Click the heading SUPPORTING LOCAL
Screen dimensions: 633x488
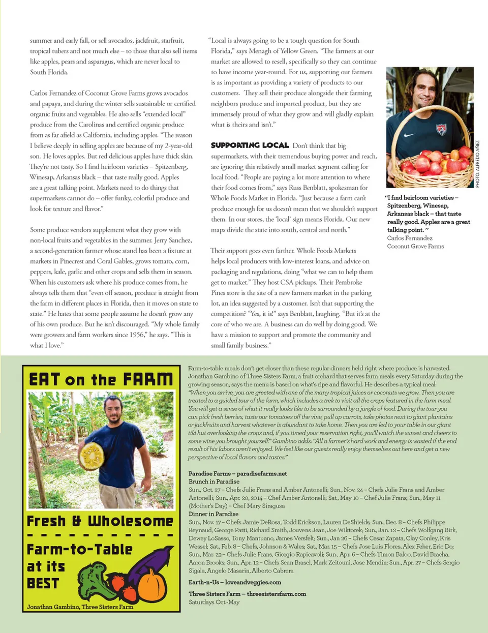tap(250, 145)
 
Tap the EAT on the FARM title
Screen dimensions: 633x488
tap(101, 379)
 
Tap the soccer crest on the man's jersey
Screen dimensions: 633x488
tap(441, 129)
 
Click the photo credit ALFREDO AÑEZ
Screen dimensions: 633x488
tap(477, 164)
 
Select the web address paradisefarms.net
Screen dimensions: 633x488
tap(262, 473)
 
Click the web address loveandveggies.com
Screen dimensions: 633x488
tap(253, 582)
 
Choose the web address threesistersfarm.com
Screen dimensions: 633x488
tap(277, 594)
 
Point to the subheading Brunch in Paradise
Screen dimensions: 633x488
tap(213, 481)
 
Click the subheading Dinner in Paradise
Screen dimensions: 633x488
tap(213, 514)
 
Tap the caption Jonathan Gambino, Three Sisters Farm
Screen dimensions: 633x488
tap(80, 607)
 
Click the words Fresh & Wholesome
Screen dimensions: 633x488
tap(100, 521)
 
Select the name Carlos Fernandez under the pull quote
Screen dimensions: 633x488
tap(410, 238)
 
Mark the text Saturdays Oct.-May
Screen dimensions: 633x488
tap(213, 602)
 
